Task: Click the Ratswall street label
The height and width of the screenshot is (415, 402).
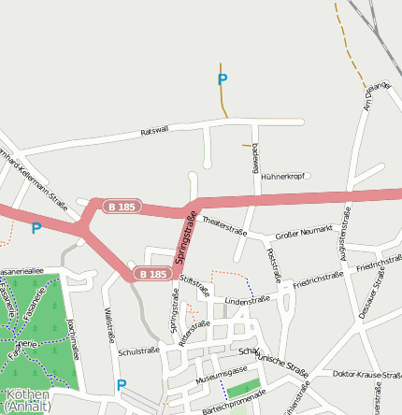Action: pos(154,131)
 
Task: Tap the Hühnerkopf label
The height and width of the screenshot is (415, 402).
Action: pos(283,176)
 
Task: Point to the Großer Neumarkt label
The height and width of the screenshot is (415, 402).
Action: pos(304,232)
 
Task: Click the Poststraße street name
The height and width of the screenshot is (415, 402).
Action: pos(274,265)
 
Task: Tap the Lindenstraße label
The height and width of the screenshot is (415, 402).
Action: pos(247,300)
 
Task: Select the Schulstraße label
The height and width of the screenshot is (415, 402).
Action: pos(140,351)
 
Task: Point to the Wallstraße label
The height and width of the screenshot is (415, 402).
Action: pos(109,324)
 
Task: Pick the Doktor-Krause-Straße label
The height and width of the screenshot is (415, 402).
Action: pos(366,374)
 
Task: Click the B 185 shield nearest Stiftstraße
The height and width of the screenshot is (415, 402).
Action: pos(151,274)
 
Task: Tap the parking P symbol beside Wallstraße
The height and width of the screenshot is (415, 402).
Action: pos(121,384)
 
